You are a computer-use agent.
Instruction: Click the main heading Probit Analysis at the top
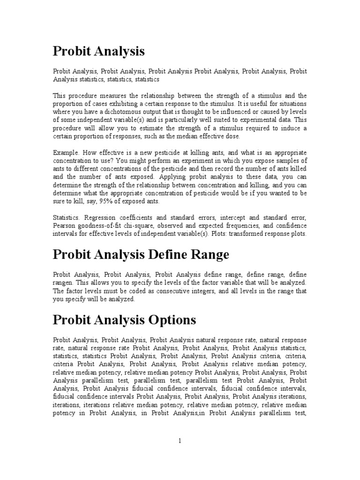click(99, 51)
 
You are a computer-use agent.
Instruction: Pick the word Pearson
click(65, 225)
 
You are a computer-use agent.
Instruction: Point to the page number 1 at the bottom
click(180, 441)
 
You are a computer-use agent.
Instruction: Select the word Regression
click(96, 217)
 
